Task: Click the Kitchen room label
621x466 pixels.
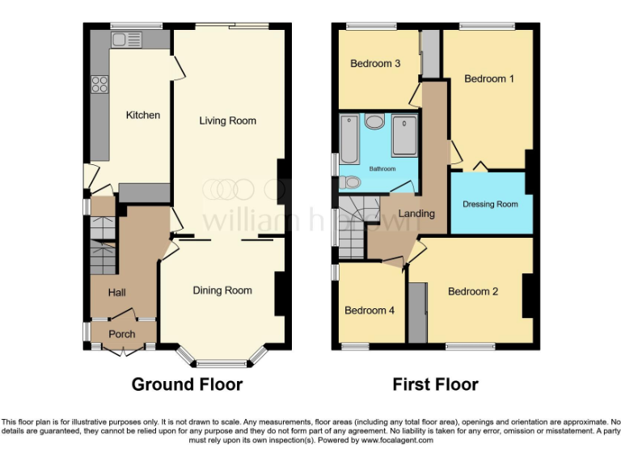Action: tap(142, 115)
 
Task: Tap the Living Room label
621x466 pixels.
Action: tap(228, 121)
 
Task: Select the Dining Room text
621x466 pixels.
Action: tap(222, 290)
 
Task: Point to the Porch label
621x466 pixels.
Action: tap(122, 334)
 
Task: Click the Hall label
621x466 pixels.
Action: tap(117, 292)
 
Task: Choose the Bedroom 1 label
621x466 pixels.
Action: tap(488, 78)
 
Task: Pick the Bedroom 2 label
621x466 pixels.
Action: tap(473, 291)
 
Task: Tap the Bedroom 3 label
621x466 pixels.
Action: tap(375, 63)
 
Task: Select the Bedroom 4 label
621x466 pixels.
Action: tap(370, 310)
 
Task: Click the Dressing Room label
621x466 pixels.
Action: tap(490, 204)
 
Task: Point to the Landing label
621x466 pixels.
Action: tap(418, 214)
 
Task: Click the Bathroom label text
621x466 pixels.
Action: tap(382, 169)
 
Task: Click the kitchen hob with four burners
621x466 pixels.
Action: tap(100, 85)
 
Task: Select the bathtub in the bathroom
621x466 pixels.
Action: tap(349, 139)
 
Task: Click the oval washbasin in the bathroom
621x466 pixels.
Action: tap(374, 122)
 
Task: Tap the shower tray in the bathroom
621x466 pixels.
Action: tap(404, 135)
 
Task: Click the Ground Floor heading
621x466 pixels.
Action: tap(187, 384)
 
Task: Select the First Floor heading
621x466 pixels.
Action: tap(435, 384)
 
